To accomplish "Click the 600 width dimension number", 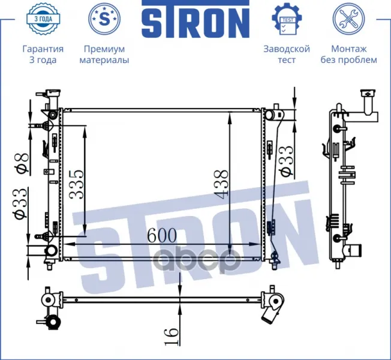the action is [x=162, y=235].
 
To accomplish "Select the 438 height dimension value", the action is [x=221, y=184].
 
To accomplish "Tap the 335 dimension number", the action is [x=77, y=185].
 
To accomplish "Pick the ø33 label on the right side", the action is [x=286, y=161].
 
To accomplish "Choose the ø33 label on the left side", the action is [x=19, y=204].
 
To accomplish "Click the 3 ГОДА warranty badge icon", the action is [x=43, y=19].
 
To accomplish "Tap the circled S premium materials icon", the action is [x=104, y=19].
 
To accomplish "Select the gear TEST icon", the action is [x=287, y=19].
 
